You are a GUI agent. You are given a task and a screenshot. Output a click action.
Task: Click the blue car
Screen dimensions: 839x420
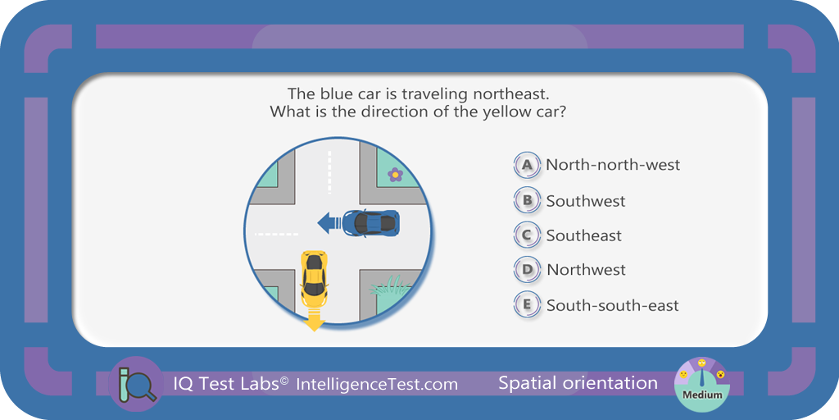click(x=370, y=222)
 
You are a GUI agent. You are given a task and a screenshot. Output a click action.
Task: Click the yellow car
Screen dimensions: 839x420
click(x=314, y=278)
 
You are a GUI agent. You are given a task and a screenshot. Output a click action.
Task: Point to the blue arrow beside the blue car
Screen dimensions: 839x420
click(x=329, y=222)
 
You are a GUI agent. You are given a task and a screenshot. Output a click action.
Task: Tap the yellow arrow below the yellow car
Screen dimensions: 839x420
click(x=314, y=319)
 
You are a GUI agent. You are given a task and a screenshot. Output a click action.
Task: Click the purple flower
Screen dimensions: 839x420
click(x=395, y=174)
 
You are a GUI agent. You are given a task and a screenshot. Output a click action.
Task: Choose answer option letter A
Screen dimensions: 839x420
click(x=527, y=165)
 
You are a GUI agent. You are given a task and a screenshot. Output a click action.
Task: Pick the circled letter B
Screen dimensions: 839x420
click(x=527, y=200)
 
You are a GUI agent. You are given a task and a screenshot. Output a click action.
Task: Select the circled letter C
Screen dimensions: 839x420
click(x=527, y=235)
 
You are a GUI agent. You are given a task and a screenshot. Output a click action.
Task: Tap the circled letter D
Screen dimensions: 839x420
click(x=527, y=269)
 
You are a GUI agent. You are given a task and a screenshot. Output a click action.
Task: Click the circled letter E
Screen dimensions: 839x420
click(x=527, y=305)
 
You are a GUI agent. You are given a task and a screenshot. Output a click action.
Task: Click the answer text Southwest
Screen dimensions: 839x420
click(x=585, y=202)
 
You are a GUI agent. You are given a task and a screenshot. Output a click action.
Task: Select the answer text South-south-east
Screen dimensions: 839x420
click(x=613, y=305)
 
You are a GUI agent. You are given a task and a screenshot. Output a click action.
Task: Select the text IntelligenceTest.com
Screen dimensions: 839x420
click(x=377, y=384)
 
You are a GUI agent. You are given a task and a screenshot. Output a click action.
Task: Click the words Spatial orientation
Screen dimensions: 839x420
click(x=578, y=383)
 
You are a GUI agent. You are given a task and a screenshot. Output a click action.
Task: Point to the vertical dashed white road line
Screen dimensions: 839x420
click(x=329, y=172)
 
